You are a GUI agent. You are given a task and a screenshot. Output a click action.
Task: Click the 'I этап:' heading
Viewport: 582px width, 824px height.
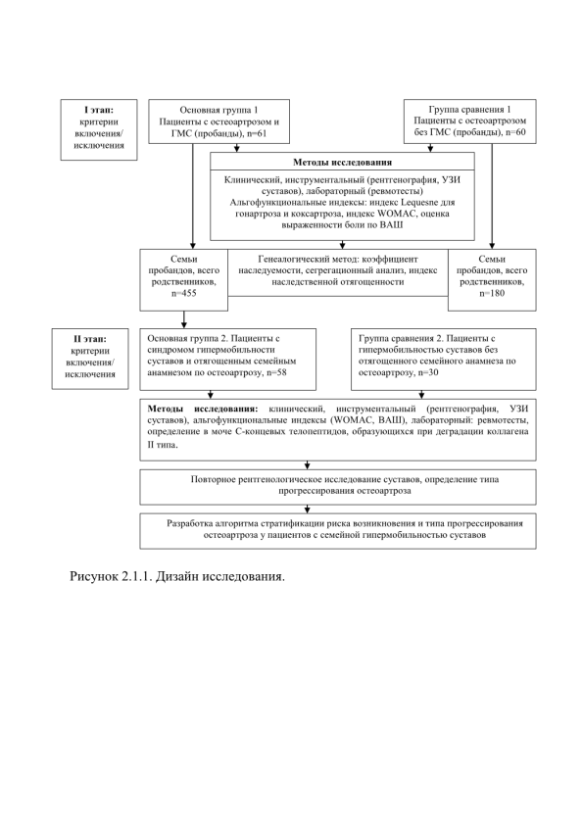click(99, 110)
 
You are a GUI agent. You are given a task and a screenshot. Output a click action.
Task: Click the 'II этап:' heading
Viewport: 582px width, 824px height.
click(90, 339)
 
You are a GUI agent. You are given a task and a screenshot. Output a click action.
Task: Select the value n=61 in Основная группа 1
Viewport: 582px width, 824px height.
click(256, 133)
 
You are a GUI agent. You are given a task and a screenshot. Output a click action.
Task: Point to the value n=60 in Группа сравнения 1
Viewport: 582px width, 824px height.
click(514, 132)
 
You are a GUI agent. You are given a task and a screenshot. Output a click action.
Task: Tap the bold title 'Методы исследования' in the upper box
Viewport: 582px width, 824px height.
click(342, 163)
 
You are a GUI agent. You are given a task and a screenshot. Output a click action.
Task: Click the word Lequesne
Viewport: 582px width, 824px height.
click(420, 202)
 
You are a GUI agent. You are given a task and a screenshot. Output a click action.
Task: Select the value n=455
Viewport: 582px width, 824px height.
click(183, 294)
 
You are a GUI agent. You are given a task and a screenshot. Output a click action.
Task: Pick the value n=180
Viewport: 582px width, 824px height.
click(492, 294)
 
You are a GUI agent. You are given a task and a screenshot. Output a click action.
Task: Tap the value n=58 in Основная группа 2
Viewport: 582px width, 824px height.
click(276, 373)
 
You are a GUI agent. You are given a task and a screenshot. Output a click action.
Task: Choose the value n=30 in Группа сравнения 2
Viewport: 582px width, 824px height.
click(428, 373)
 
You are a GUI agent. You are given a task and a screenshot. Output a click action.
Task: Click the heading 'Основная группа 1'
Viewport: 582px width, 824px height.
click(218, 110)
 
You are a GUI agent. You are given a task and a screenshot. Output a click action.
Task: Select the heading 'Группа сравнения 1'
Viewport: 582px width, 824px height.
click(470, 110)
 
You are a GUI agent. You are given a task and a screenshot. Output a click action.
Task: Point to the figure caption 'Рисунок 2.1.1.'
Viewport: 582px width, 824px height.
click(111, 576)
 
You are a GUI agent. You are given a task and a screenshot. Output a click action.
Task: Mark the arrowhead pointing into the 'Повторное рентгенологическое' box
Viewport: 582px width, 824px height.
click(307, 465)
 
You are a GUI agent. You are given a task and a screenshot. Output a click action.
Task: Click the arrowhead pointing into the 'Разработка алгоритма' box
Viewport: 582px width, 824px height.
click(307, 509)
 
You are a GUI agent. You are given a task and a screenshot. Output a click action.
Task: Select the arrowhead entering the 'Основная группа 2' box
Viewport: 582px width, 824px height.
click(183, 325)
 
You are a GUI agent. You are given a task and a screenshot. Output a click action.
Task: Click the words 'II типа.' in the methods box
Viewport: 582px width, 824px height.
click(163, 445)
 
